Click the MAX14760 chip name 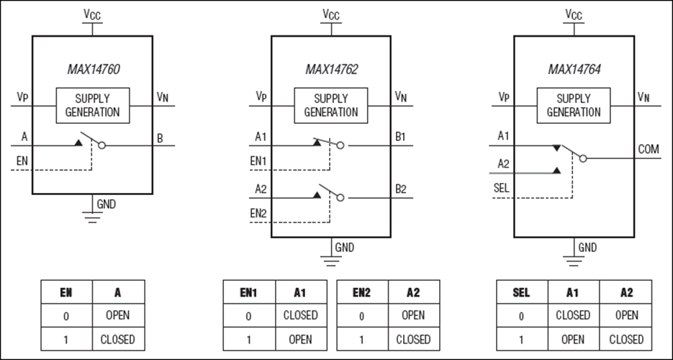point(91,70)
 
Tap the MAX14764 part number point(574,70)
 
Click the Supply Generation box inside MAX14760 point(93,105)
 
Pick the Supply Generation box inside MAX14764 point(574,105)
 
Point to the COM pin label point(649,149)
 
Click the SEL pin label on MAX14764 point(502,187)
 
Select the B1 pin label point(401,135)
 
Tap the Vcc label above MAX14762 point(331,14)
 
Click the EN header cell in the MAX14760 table point(66,293)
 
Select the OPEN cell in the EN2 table point(413,315)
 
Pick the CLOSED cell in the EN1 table point(300,315)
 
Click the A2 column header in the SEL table point(626,293)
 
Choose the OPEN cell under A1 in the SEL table point(573,339)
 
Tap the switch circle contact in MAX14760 point(101,145)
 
